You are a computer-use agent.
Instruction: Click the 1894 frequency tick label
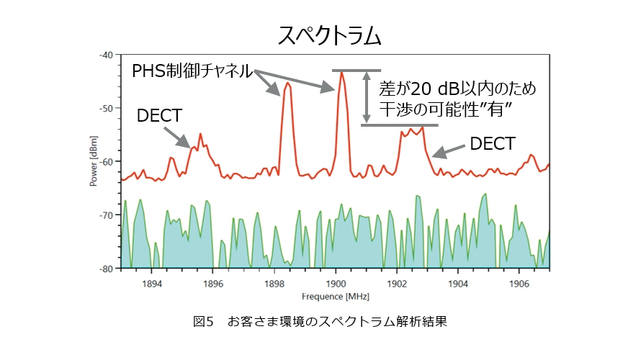click(151, 283)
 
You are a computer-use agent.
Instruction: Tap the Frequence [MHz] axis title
click(335, 296)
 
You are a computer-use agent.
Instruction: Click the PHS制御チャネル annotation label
click(192, 71)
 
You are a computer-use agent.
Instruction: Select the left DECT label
click(159, 116)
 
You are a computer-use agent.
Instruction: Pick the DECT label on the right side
click(493, 144)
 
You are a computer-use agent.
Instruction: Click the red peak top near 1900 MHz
click(341, 72)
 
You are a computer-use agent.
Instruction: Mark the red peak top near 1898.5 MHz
click(288, 83)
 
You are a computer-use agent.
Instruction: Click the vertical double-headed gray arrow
click(367, 97)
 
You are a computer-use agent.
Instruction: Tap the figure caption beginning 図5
click(320, 321)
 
